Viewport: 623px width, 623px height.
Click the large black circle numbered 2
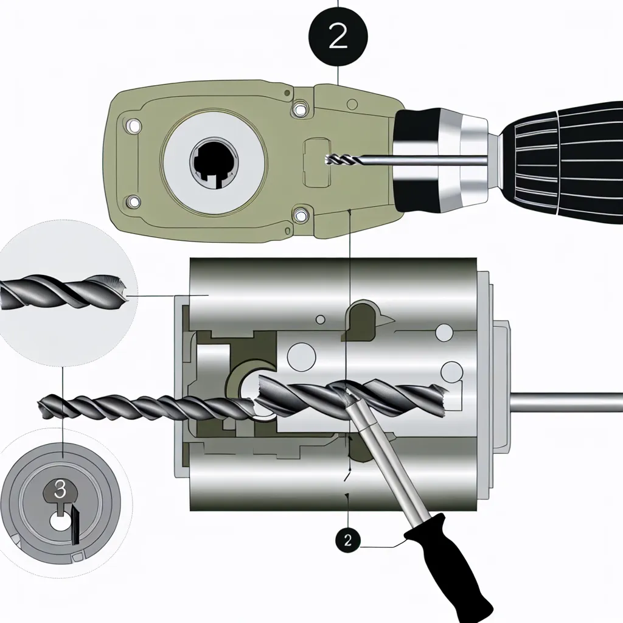pos(338,37)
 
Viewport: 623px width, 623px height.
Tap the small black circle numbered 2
pos(348,540)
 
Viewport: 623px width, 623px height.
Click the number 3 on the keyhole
pos(60,490)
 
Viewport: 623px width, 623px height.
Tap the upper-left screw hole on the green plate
pos(133,126)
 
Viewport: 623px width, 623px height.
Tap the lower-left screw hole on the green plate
pos(133,202)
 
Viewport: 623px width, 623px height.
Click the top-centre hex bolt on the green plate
pos(300,108)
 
